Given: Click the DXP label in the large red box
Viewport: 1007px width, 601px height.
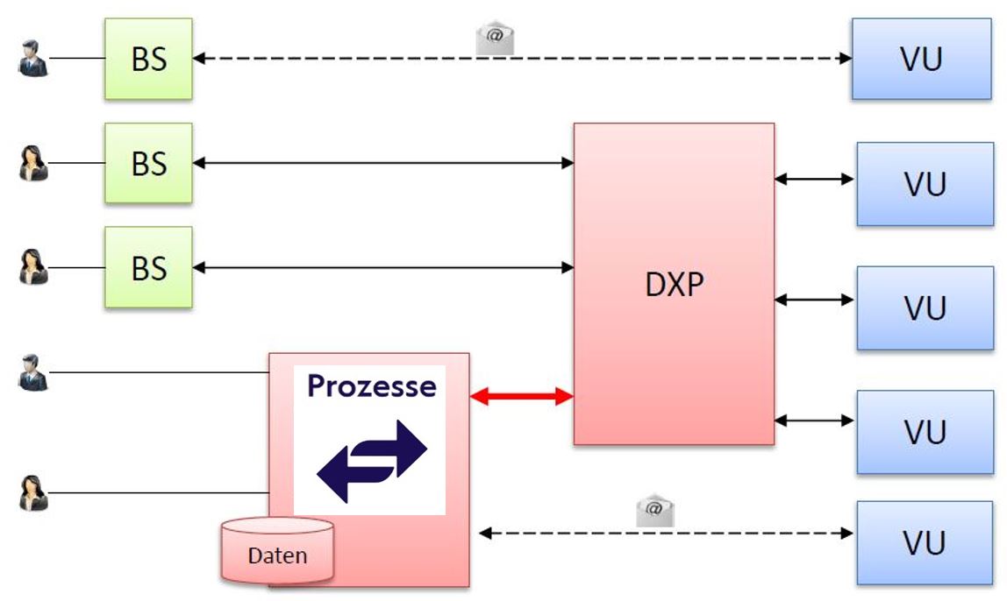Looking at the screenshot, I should pyautogui.click(x=675, y=285).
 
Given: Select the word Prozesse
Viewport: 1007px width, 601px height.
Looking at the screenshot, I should pyautogui.click(x=371, y=386).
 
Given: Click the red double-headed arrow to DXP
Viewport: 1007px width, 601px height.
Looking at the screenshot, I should pyautogui.click(x=521, y=397).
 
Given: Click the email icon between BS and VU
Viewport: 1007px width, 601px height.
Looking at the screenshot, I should pyautogui.click(x=495, y=39).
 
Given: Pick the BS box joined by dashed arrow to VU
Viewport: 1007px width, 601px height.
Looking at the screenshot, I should pyautogui.click(x=148, y=60).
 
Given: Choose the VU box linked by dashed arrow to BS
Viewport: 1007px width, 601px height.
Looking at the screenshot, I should pyautogui.click(x=921, y=60).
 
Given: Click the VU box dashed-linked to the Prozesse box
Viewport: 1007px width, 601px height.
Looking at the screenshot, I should pyautogui.click(x=925, y=543).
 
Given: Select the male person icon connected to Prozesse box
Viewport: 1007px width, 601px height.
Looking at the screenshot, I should pyautogui.click(x=33, y=373).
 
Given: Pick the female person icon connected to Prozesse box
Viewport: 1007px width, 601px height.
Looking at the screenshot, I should pyautogui.click(x=33, y=492).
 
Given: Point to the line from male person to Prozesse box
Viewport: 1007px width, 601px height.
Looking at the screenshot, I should pyautogui.click(x=158, y=373).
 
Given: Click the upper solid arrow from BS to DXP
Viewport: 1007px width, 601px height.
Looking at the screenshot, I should pyautogui.click(x=382, y=163).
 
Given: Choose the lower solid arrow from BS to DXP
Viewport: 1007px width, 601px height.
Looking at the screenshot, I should pyautogui.click(x=382, y=267).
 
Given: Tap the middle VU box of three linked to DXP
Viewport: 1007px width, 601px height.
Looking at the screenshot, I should pyautogui.click(x=925, y=308).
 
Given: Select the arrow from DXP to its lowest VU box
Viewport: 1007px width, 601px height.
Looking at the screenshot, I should pyautogui.click(x=814, y=421).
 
